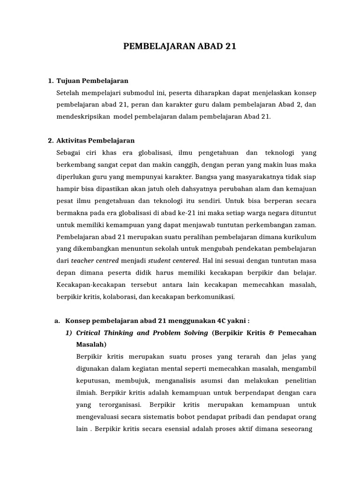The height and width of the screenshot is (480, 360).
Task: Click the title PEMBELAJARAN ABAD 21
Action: pyautogui.click(x=180, y=46)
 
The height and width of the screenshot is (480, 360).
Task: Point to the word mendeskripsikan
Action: pyautogui.click(x=82, y=116)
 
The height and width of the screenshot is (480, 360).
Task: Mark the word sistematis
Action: pyautogui.click(x=152, y=416)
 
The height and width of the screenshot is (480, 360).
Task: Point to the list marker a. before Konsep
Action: pyautogui.click(x=58, y=321)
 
